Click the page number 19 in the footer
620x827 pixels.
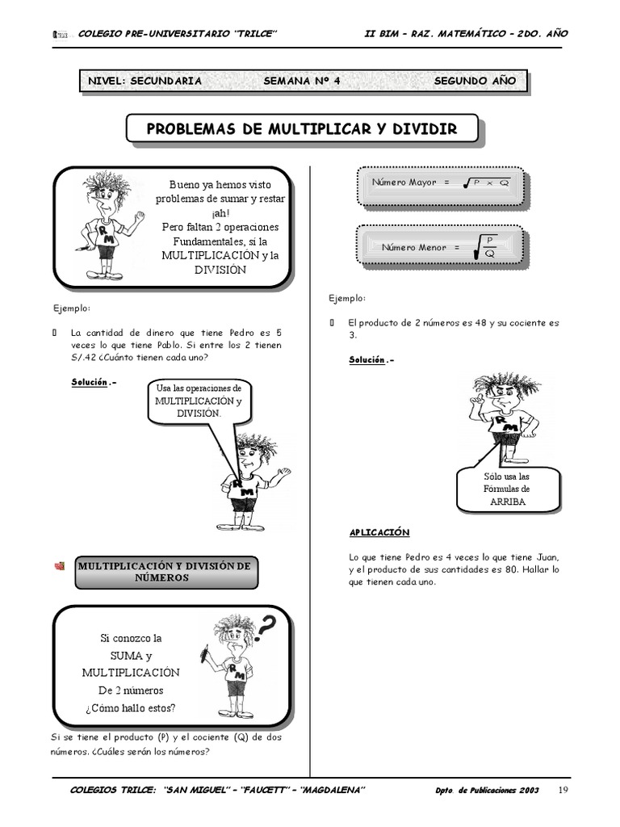[x=563, y=789]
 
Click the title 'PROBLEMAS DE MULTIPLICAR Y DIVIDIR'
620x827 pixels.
[x=301, y=129]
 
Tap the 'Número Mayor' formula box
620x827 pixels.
[x=440, y=183]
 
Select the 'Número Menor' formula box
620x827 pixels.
[x=440, y=247]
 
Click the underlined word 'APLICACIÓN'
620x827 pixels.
[x=379, y=532]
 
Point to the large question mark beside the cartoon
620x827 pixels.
[x=272, y=623]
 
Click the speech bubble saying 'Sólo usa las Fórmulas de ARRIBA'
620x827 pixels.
[x=507, y=489]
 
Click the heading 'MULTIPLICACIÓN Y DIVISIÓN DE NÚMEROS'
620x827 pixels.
[x=165, y=572]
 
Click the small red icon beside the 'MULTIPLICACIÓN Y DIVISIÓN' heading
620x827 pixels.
[x=60, y=567]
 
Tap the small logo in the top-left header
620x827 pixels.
[x=59, y=34]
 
